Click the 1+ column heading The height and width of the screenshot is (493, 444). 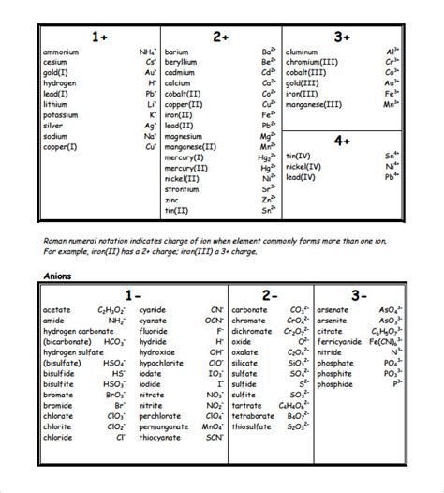pos(99,37)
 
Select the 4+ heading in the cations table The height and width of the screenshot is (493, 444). pos(341,140)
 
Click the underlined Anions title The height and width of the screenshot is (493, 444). pos(59,276)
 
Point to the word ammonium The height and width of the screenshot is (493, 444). pos(61,52)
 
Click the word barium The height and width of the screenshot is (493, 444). pos(176,52)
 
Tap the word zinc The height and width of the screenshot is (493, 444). pos(172,199)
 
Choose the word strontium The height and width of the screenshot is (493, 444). pos(181,188)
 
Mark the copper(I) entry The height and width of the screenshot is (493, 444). pos(60,147)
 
